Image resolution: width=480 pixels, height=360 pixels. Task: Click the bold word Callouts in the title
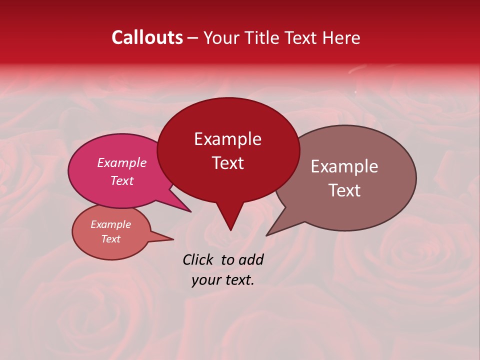pyautogui.click(x=147, y=37)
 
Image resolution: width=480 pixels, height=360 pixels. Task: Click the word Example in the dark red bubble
pyautogui.click(x=227, y=139)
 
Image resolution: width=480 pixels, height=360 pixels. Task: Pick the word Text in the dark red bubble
pyautogui.click(x=227, y=163)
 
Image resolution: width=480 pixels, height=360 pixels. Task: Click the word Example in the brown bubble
pyautogui.click(x=344, y=166)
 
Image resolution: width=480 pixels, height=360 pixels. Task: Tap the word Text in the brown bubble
pyautogui.click(x=344, y=190)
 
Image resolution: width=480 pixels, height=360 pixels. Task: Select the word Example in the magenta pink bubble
pyautogui.click(x=121, y=162)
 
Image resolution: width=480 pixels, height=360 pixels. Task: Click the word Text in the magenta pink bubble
pyautogui.click(x=121, y=180)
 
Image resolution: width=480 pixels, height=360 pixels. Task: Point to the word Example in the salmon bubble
pyautogui.click(x=110, y=224)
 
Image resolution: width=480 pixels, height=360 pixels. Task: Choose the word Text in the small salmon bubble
pyautogui.click(x=110, y=239)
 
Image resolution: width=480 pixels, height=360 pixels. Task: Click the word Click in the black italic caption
pyautogui.click(x=198, y=259)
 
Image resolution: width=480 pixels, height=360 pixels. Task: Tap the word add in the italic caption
pyautogui.click(x=251, y=259)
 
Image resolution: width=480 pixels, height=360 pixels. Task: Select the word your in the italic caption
pyautogui.click(x=205, y=280)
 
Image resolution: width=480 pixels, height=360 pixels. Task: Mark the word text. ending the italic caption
pyautogui.click(x=238, y=280)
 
